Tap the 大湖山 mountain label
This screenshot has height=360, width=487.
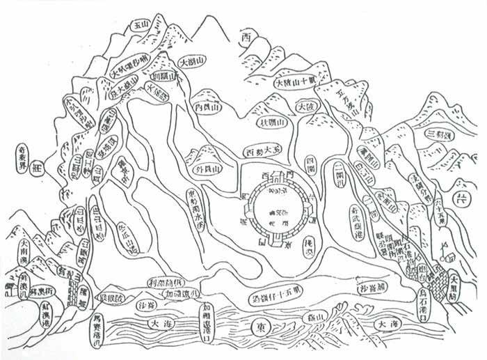[193, 63]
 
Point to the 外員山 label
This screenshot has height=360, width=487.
[208, 169]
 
